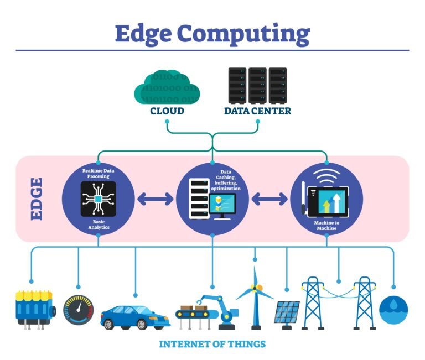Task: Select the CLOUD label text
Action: click(x=167, y=111)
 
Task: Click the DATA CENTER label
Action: click(x=257, y=111)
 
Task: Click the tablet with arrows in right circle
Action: click(x=330, y=199)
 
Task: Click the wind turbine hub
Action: click(x=255, y=288)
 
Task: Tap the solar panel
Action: click(x=287, y=312)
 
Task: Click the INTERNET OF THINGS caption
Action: click(x=212, y=344)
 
